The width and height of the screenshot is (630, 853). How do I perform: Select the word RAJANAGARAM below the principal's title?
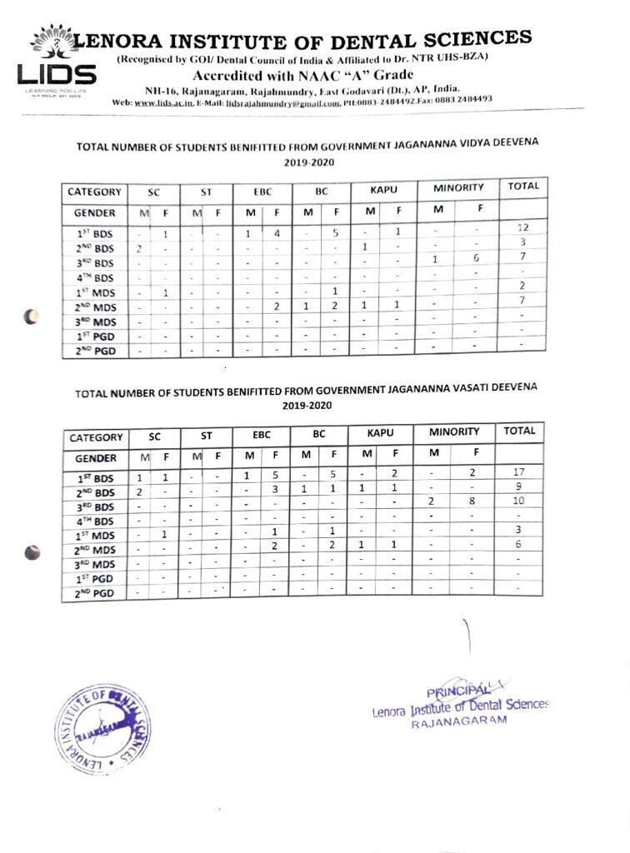coord(458,724)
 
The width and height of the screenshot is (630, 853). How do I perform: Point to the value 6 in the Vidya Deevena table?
coord(476,258)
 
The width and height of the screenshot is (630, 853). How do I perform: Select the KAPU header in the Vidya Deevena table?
coord(382,191)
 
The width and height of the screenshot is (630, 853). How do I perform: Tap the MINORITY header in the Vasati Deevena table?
coord(454,431)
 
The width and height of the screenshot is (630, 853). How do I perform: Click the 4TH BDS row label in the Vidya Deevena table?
coord(94,278)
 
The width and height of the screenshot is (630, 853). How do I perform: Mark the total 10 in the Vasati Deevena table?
coord(518,501)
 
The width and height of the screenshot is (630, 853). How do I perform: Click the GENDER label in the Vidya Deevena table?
coord(94,213)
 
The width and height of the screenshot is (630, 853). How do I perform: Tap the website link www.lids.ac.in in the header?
coord(166,102)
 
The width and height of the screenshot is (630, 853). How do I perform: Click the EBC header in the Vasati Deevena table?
coord(262,434)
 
